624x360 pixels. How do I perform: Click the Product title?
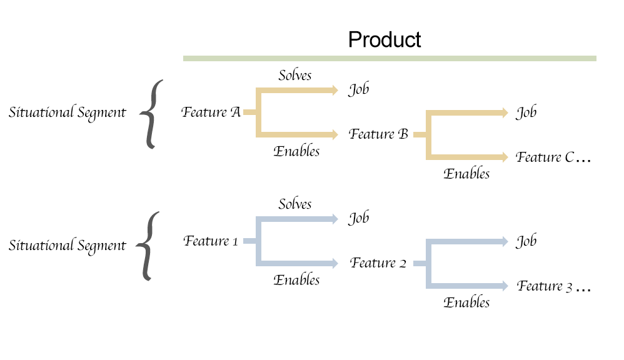[385, 39]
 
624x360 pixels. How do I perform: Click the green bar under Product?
[390, 59]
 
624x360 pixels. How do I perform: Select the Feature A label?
[211, 112]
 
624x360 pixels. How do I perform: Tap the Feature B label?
[378, 134]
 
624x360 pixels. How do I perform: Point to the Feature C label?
[545, 157]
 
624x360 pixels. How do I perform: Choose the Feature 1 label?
[211, 241]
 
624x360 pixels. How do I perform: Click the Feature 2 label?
[378, 263]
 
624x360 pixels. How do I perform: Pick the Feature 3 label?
[545, 286]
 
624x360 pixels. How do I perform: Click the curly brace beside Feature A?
[151, 114]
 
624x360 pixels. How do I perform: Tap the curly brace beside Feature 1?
[148, 246]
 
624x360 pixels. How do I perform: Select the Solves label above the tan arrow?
[295, 75]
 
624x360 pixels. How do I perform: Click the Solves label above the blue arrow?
[295, 204]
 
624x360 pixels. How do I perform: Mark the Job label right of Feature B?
[526, 112]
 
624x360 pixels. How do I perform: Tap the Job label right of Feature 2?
[526, 241]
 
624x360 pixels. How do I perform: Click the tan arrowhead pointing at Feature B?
[335, 134]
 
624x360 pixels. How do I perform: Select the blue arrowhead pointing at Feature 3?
[505, 286]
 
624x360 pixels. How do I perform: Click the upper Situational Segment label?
[68, 112]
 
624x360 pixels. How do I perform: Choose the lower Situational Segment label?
[68, 246]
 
